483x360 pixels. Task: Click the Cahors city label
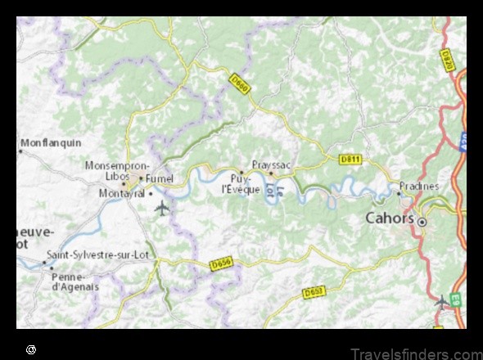[389, 219]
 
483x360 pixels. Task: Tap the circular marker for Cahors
[422, 222]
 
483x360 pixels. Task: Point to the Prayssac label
[271, 164]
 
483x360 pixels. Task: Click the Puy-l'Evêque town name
[241, 184]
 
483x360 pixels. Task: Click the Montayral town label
[121, 193]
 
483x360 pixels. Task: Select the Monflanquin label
[52, 142]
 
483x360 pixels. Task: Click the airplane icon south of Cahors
[442, 300]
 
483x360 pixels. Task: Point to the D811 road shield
[350, 157]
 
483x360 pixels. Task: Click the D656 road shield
[221, 264]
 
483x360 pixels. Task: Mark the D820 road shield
[447, 60]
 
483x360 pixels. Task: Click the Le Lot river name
[275, 191]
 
